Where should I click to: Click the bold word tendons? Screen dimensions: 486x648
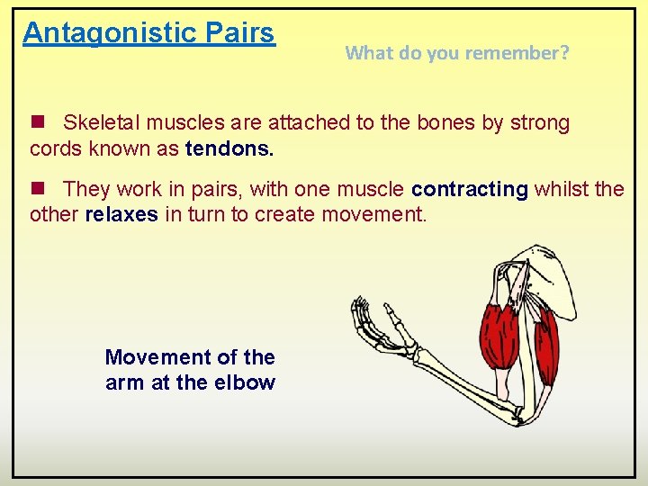(x=229, y=148)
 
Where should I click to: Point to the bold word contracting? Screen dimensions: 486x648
(x=469, y=189)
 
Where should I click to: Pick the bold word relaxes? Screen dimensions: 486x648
(x=121, y=214)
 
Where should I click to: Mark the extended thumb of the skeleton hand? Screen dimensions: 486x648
(x=393, y=316)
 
